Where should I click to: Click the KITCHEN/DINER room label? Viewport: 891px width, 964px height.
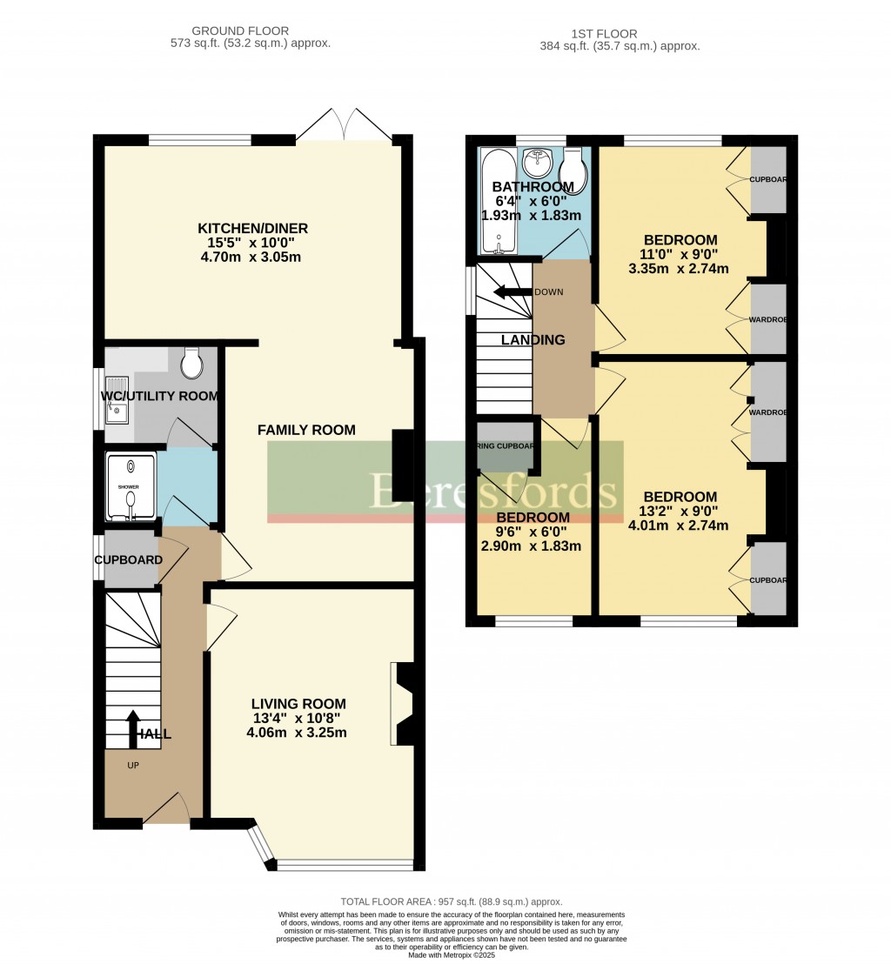252,229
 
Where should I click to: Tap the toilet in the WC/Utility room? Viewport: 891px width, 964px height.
192,365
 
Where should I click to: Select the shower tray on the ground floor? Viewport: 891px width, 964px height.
131,487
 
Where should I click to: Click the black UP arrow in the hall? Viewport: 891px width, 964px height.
134,729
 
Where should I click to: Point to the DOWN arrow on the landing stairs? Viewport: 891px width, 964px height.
512,292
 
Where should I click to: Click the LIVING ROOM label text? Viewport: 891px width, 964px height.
298,704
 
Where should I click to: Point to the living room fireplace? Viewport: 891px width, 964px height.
404,704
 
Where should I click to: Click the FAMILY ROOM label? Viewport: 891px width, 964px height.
306,430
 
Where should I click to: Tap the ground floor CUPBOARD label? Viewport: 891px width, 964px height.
129,559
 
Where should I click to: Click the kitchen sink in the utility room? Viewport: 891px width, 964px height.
117,401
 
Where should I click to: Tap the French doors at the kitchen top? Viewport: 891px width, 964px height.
343,127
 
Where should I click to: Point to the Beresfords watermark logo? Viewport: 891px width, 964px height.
495,491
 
